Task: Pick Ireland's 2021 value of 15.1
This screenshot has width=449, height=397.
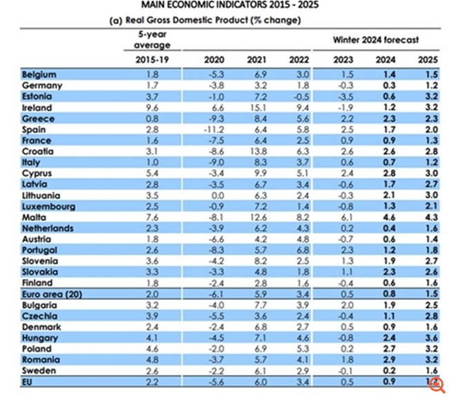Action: (256, 108)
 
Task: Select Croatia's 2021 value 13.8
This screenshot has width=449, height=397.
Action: (256, 151)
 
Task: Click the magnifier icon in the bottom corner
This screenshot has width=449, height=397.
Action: (437, 385)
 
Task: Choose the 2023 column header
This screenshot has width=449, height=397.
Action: (343, 60)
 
